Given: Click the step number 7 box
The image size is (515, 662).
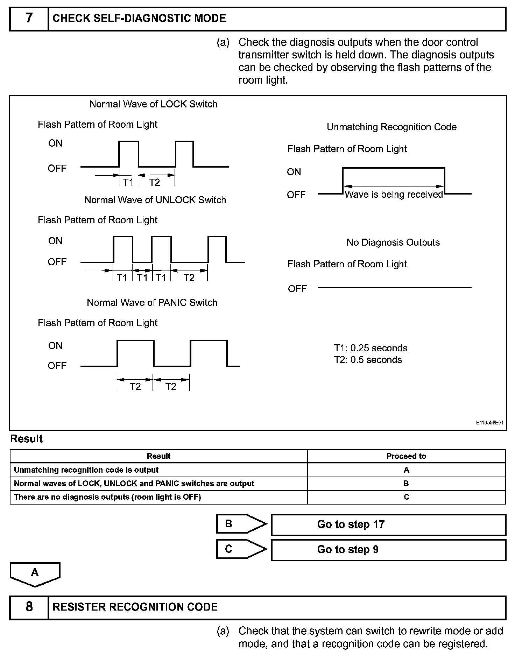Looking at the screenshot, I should coord(29,19).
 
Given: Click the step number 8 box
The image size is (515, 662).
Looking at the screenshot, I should coord(29,607).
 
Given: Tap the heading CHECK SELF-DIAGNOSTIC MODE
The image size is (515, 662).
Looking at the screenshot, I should coord(139,19).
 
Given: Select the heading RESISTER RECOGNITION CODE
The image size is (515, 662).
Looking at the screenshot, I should coord(135,607).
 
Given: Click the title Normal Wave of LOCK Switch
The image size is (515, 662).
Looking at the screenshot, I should coord(153,104).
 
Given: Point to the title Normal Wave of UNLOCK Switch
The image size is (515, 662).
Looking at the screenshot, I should coord(155,200).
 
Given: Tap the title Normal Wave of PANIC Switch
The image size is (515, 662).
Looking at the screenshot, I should coord(152,303).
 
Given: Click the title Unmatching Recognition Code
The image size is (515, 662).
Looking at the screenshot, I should coord(391,127).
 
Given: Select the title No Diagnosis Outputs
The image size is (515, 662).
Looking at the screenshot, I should coord(393,242).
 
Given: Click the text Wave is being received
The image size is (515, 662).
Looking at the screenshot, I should coord(394,195).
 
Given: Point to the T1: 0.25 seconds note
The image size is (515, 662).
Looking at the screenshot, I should coord(371,348).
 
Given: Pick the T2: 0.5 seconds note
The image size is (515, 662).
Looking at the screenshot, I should coord(368,360).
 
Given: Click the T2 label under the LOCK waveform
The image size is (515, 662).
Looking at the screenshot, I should coord(155,182).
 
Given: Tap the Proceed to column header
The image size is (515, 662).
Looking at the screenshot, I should coord(406,456).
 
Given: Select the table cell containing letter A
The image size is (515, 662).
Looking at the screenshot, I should coord(406,470).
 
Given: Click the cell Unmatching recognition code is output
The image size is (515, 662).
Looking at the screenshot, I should coord(86,470).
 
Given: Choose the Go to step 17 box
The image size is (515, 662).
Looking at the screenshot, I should coord(388,524).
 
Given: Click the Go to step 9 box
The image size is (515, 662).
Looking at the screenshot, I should coord(388,550).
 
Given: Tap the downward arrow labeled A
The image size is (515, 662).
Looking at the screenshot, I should coord(35,574).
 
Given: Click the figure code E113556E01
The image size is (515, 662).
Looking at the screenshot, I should coord(489,423).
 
